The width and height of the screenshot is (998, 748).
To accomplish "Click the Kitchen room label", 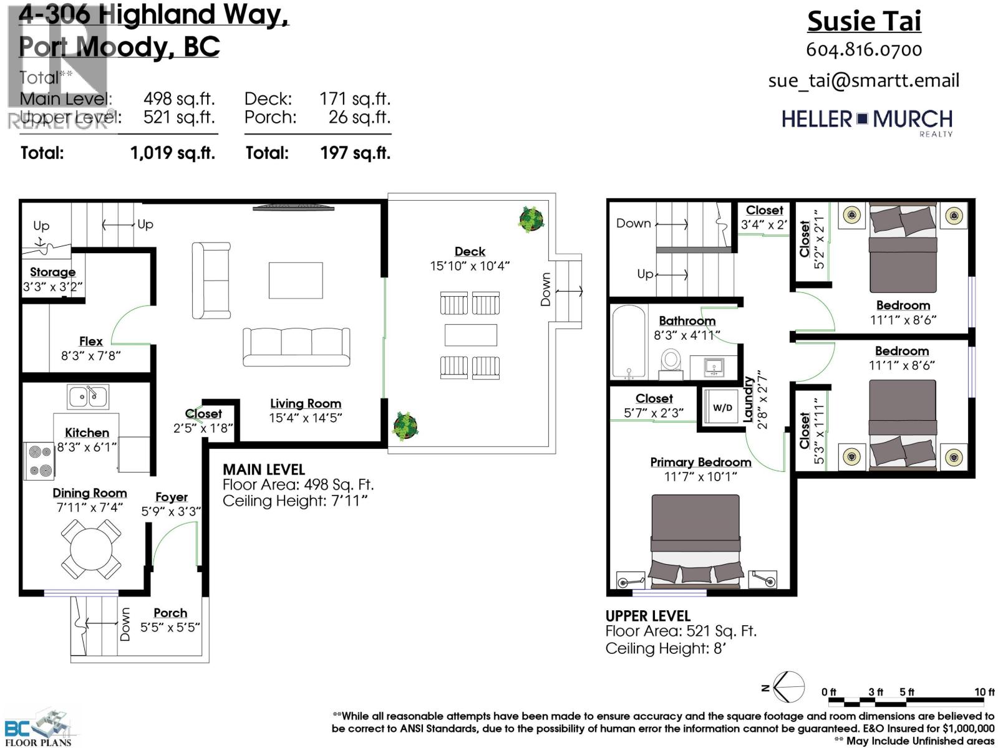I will tap(87, 433).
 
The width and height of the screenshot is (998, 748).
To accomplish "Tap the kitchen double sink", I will tap(88, 396).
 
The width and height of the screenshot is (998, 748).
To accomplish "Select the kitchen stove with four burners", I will tap(39, 461).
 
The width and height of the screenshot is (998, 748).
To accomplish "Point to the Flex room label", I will tap(90, 341).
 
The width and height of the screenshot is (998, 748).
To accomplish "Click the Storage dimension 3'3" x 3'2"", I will tap(52, 287).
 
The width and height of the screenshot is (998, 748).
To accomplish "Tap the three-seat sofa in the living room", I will tap(296, 346).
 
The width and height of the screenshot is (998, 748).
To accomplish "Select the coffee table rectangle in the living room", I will tap(296, 280).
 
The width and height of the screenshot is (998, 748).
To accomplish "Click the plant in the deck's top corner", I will tap(531, 219).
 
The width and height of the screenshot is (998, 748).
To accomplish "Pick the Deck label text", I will tap(470, 251).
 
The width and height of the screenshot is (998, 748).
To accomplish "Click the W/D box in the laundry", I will tap(722, 408).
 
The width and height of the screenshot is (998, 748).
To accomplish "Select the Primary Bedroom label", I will tap(700, 462).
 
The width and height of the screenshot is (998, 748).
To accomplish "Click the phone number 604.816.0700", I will tap(864, 50).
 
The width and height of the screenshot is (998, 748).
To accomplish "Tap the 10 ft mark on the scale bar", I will tap(984, 693).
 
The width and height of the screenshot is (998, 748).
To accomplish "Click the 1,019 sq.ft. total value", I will tap(172, 153).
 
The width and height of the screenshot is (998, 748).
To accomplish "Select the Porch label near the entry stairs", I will tap(170, 613).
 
